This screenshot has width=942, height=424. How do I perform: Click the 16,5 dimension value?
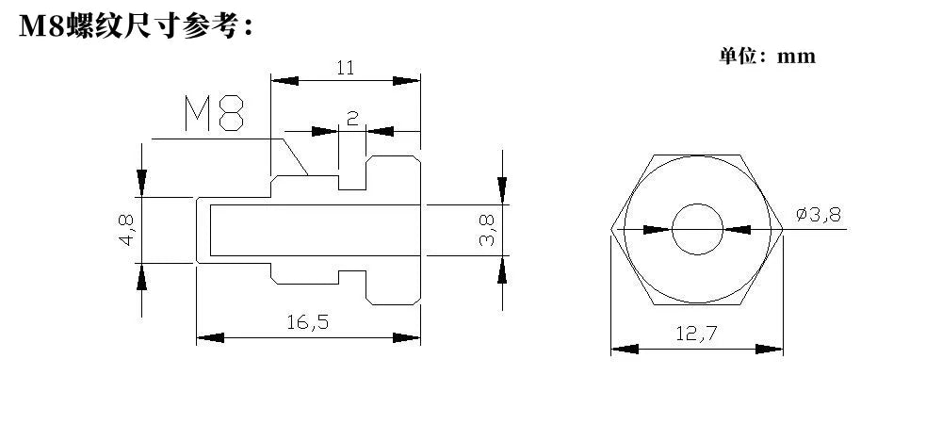click(308, 322)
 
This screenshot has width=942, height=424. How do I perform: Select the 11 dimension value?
click(345, 68)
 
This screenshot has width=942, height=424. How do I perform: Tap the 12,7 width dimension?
click(696, 334)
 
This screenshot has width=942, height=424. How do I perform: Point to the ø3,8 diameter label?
click(819, 215)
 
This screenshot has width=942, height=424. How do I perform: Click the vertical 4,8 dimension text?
click(127, 230)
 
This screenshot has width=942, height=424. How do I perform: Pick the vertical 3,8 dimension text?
click(487, 231)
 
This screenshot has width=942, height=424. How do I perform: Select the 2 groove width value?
click(352, 118)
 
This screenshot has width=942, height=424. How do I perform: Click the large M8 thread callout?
click(215, 113)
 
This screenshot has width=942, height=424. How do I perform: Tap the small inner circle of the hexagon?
click(697, 204)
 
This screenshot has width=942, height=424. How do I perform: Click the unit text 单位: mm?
click(767, 56)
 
